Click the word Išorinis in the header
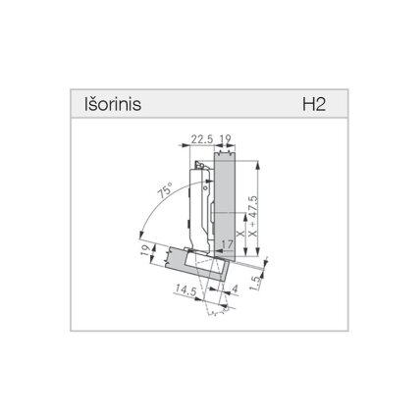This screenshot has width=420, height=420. coord(113,104)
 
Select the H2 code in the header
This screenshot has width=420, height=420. coord(314,104)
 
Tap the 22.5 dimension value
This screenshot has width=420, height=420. coord(202,139)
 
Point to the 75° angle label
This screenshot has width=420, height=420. coord(165,190)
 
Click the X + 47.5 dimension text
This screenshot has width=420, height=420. coord(253,217)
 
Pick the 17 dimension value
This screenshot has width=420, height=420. coord(227,244)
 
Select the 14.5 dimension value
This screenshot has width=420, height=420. coord(185,289)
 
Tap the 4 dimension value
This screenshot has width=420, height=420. coord(235,289)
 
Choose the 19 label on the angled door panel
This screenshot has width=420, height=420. coord(146,251)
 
